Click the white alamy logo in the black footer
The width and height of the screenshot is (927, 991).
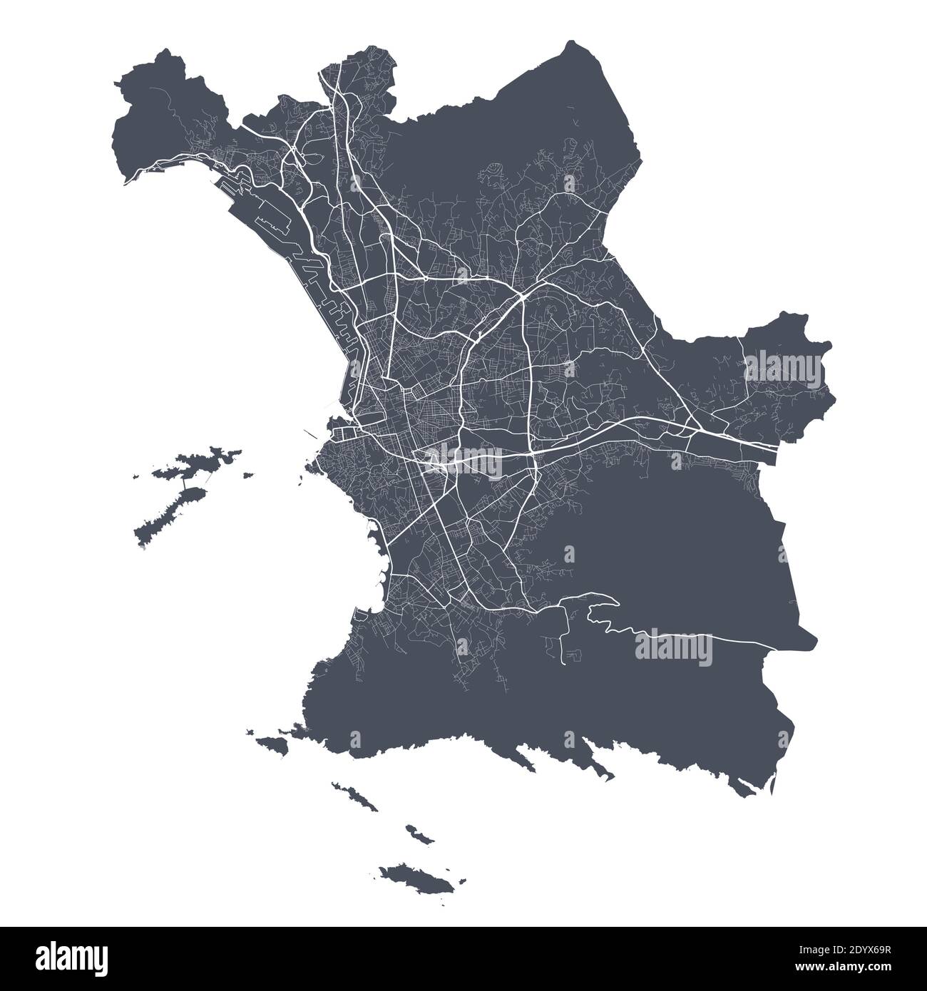71,958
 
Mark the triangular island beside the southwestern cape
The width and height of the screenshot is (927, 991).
275,744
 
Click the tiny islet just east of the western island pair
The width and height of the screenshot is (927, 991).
247,474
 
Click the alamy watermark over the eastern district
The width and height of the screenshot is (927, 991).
787,366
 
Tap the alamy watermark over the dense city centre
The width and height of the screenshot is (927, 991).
463,463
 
